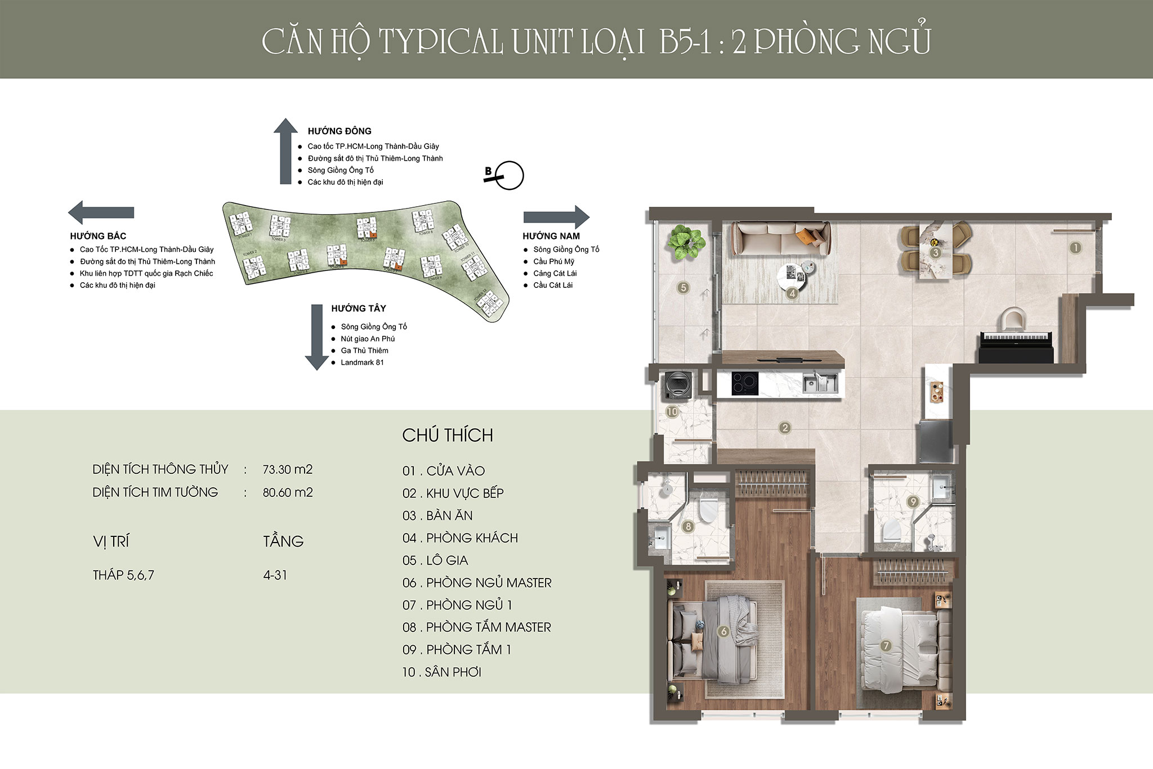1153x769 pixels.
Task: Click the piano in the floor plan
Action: tap(1016, 347)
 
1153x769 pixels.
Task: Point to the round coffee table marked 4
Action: tap(792, 276)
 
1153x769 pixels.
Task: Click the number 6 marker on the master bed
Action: tap(724, 632)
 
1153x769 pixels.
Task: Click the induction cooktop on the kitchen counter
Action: tap(744, 384)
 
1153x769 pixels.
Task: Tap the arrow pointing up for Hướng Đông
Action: tap(285, 151)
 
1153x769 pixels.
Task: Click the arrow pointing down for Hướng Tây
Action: tap(316, 337)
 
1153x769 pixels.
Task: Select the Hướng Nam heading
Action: tap(551, 236)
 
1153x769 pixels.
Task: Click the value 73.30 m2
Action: tap(287, 469)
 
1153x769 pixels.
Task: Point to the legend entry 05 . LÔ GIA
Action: tap(435, 561)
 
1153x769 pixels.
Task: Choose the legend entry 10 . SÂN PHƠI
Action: tap(441, 672)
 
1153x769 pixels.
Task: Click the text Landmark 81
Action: tap(362, 362)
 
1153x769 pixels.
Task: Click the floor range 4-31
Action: tap(275, 575)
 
